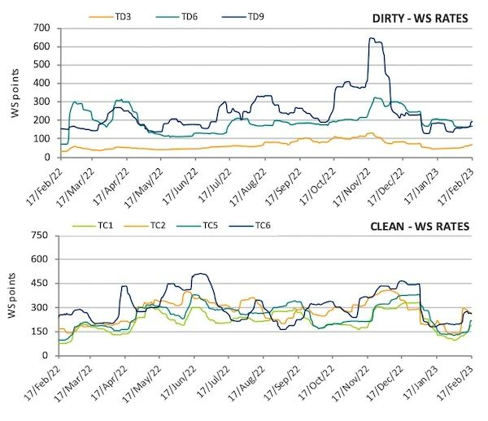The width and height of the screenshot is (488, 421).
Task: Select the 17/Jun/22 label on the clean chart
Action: [x=181, y=384]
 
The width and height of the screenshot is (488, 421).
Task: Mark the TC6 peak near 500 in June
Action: [x=201, y=274]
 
